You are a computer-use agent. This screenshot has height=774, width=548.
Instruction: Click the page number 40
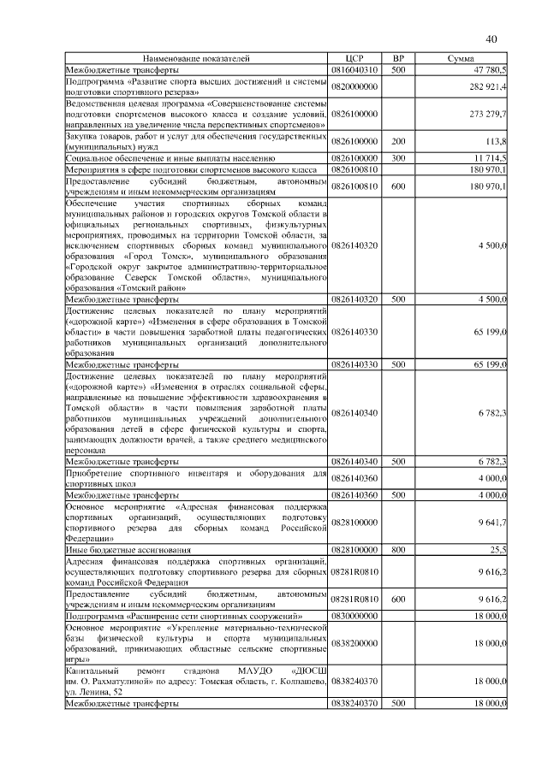click(x=491, y=38)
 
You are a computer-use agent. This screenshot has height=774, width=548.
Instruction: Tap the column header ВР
click(x=398, y=57)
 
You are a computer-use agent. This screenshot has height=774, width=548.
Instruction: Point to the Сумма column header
click(x=461, y=57)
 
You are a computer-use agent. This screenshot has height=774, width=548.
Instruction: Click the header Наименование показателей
click(x=196, y=57)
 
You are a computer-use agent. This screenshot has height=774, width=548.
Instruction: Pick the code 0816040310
click(x=354, y=68)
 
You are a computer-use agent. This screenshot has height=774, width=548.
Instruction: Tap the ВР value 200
click(x=398, y=140)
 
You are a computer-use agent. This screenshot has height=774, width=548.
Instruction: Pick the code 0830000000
click(x=354, y=615)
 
